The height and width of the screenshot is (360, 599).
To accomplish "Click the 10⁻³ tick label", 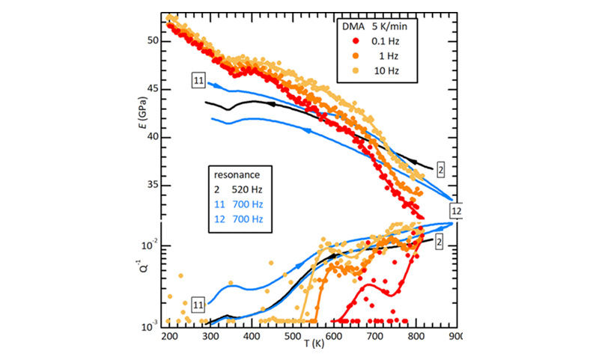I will (149, 326).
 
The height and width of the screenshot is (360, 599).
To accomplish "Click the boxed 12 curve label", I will (456, 212).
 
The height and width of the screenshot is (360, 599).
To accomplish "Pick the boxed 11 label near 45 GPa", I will (198, 79).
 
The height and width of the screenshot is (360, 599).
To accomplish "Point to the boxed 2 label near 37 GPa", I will (440, 170).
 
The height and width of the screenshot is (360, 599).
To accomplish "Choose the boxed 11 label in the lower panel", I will (198, 304).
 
